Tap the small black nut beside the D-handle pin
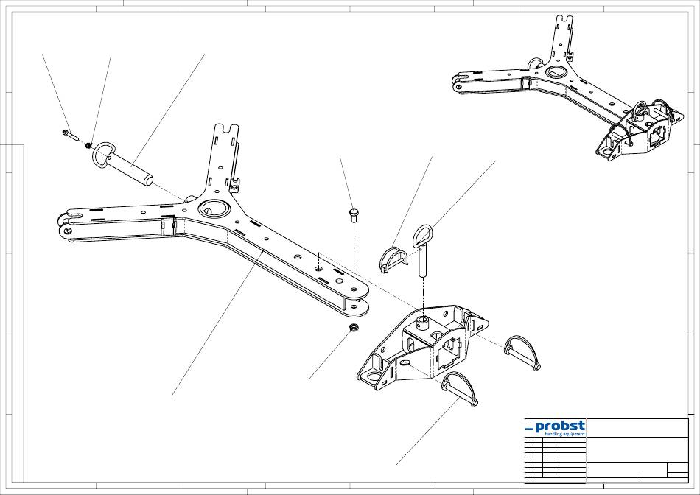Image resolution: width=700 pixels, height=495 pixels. tap(88, 145)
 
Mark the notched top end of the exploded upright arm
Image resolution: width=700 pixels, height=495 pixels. tap(228, 133)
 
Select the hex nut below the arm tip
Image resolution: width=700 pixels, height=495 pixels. tap(352, 326)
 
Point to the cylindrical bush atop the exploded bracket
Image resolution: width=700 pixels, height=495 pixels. tap(422, 320)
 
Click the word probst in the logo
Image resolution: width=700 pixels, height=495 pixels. tap(560, 426)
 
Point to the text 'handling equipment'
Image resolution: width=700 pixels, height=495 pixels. tap(564, 434)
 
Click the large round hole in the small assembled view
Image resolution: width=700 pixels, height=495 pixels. tap(556, 73)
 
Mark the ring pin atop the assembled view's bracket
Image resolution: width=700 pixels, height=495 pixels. tap(639, 110)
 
